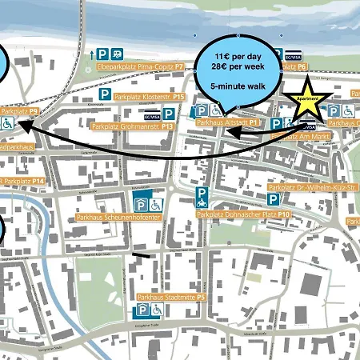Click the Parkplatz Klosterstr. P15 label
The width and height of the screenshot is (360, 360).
[150, 97]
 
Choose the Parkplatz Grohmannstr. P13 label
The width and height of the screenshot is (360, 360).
[134, 126]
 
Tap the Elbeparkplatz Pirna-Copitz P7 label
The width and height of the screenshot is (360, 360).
[148, 67]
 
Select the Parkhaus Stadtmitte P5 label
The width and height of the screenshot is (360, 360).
[172, 297]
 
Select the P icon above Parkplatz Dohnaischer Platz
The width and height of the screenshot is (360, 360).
[204, 194]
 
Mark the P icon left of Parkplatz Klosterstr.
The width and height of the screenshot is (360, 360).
[106, 97]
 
